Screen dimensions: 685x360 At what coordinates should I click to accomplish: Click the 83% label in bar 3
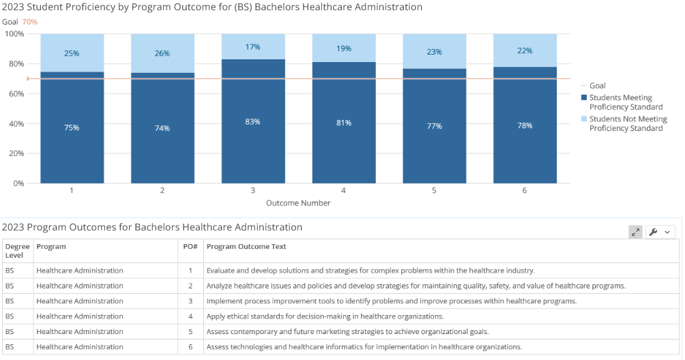(x=253, y=122)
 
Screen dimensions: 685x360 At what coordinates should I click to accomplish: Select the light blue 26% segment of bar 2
(x=162, y=53)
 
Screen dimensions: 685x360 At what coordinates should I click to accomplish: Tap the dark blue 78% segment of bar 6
(x=525, y=125)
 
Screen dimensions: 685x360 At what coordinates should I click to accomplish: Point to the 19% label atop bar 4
(x=344, y=48)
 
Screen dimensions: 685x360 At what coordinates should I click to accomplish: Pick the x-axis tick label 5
(x=434, y=191)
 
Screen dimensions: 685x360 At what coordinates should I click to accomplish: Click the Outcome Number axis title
(x=298, y=203)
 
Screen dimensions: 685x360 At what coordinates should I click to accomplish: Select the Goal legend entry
(x=594, y=85)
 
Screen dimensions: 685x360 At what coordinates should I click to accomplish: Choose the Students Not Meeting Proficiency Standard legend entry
(x=624, y=123)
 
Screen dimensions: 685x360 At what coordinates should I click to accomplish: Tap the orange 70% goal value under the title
(x=30, y=22)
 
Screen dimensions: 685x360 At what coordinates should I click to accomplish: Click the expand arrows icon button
(x=636, y=232)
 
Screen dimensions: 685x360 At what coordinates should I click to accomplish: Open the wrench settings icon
(x=654, y=232)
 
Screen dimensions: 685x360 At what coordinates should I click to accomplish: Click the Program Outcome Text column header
(x=246, y=247)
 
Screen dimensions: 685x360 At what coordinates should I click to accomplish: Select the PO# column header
(x=190, y=247)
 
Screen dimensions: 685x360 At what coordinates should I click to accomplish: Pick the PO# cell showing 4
(x=190, y=316)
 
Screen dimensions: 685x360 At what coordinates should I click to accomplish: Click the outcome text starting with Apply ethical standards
(x=325, y=316)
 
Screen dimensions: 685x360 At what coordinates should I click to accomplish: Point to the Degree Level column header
(x=18, y=251)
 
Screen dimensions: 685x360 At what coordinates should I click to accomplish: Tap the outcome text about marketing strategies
(x=348, y=331)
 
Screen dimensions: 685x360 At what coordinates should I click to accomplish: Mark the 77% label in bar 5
(x=434, y=126)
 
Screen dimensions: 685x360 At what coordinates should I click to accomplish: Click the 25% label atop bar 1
(x=72, y=53)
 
